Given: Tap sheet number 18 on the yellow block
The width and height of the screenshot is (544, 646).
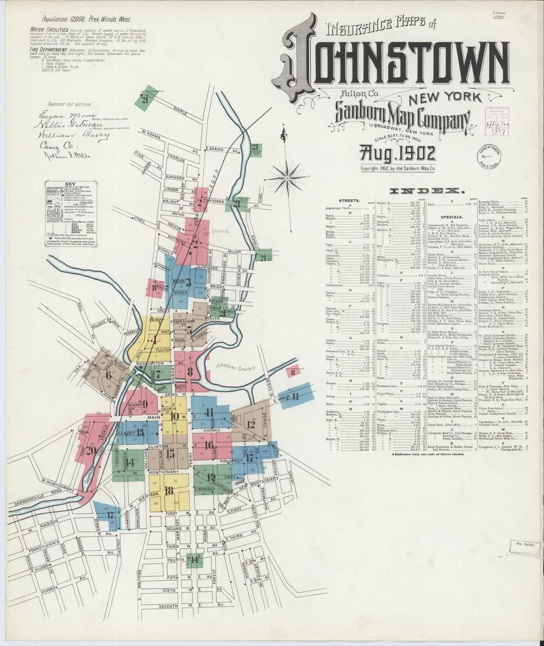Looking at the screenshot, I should click(x=169, y=490).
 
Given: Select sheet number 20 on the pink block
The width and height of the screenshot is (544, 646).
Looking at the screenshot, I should click(x=90, y=451).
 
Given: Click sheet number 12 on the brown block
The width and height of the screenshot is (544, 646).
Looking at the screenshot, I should click(x=251, y=424).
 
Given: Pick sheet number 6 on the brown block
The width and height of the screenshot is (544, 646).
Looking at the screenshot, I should click(x=109, y=375).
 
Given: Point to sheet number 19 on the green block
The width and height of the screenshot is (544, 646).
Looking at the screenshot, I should click(x=211, y=478).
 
